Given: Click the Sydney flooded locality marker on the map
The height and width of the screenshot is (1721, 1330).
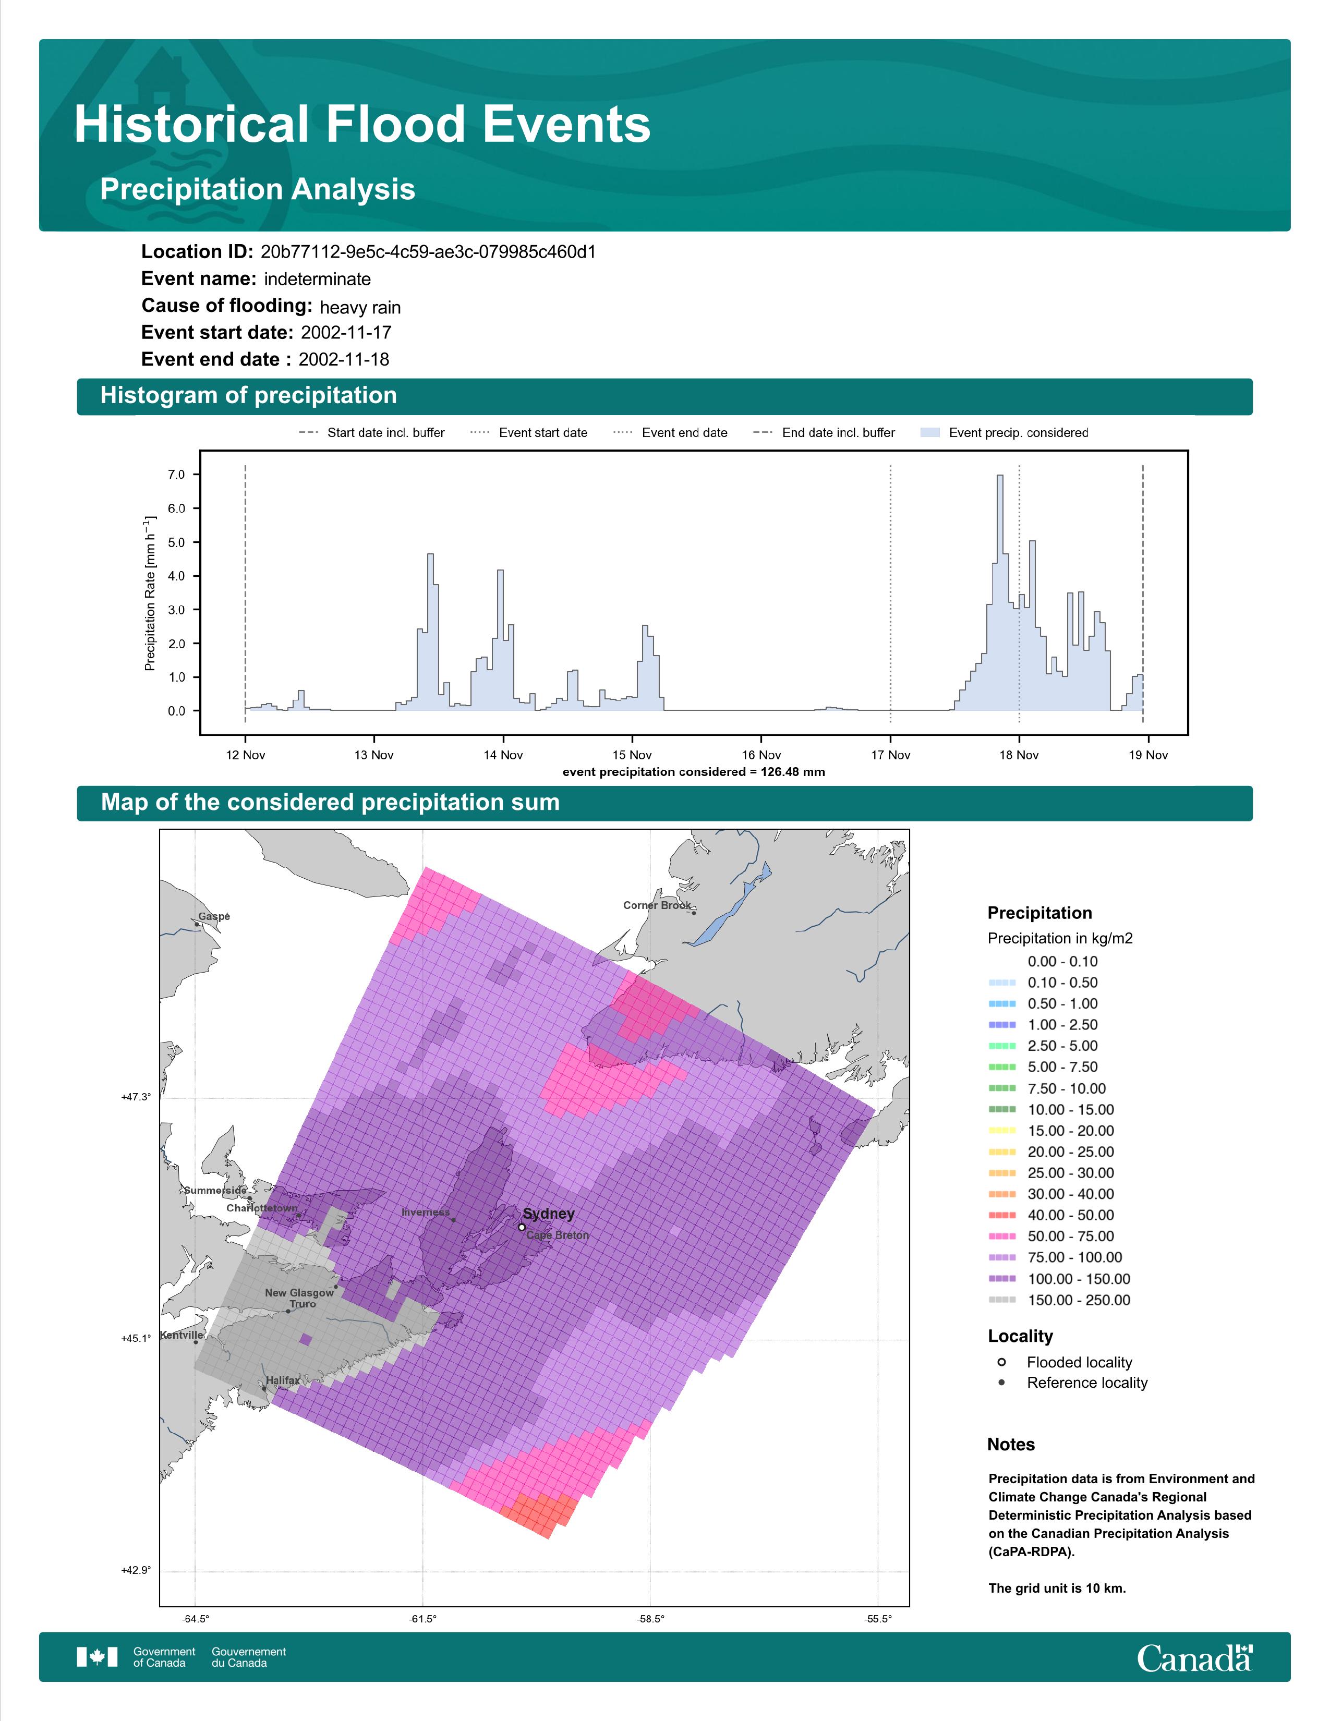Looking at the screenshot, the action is pos(522,1227).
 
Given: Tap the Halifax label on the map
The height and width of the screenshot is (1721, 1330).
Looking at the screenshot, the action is pos(283,1380).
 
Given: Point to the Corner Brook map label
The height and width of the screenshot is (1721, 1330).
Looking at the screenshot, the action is pos(657,905).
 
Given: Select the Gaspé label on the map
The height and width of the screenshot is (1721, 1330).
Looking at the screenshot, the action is pos(214,916).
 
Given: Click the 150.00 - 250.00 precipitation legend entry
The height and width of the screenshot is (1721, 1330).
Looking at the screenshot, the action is pos(1060,1300).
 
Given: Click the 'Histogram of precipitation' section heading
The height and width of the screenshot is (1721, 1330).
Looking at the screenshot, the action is pos(248,396).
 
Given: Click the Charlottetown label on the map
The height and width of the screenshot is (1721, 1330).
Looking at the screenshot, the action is pos(262,1208).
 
